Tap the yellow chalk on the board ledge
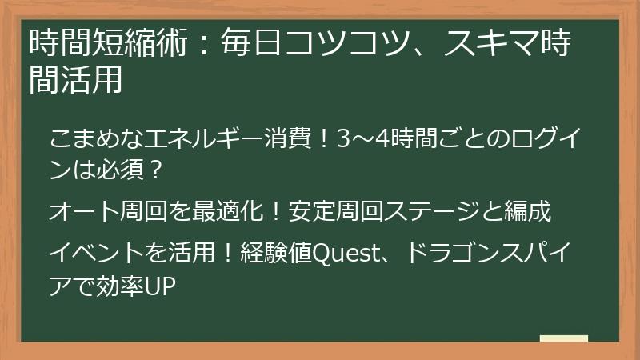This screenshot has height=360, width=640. pos(563,339)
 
